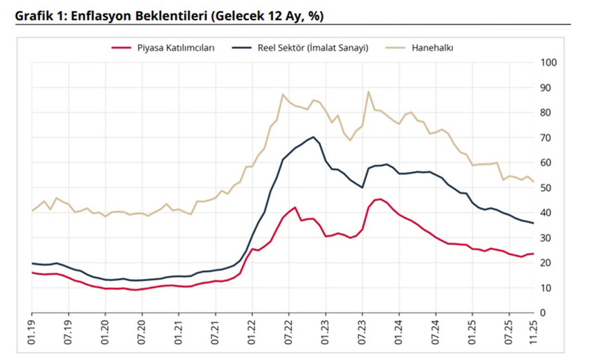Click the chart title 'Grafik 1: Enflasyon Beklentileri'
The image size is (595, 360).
(x=169, y=15)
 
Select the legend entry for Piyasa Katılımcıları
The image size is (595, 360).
(x=162, y=48)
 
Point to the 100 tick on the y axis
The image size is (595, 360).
(x=549, y=63)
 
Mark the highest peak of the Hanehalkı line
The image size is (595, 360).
(x=368, y=91)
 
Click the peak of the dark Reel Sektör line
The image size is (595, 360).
(x=314, y=137)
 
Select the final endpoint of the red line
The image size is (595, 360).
(x=533, y=254)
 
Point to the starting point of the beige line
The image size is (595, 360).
(x=32, y=211)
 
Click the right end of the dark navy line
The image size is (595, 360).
(x=533, y=223)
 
